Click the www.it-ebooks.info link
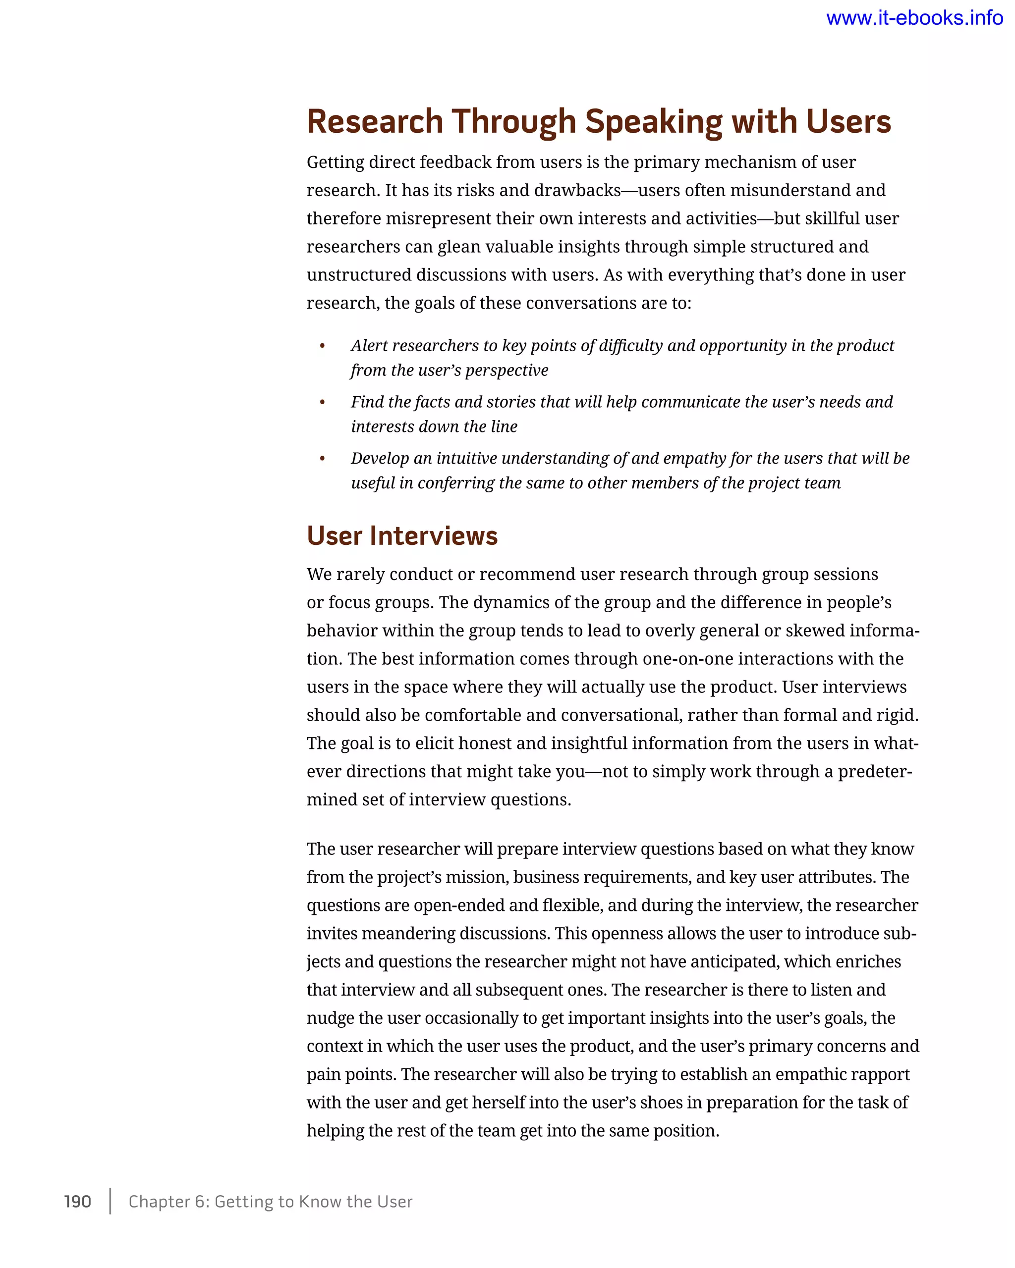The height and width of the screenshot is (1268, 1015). coord(914,18)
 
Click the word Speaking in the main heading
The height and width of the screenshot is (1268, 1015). coord(653,122)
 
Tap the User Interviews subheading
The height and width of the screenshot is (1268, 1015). coord(402,536)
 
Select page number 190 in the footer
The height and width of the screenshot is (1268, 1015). coord(78,1202)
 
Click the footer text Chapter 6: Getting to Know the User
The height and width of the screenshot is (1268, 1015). coord(271,1202)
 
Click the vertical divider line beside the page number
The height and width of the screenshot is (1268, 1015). coord(110,1201)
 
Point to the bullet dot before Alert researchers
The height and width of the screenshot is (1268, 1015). coord(322,346)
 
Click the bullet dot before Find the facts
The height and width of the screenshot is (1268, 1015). coord(322,402)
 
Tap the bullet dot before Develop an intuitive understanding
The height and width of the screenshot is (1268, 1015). coord(322,459)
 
